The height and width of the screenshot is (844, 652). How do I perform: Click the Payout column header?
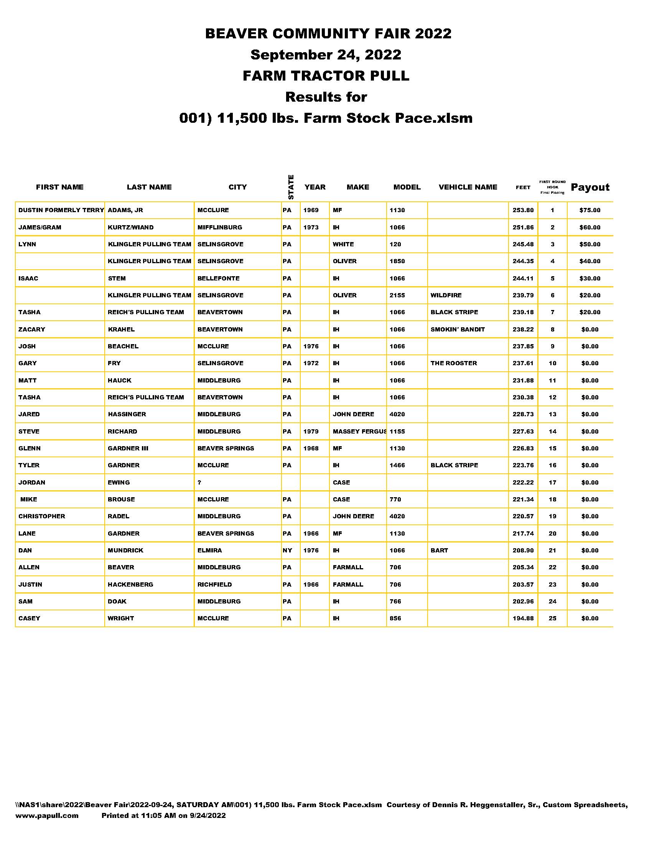(x=590, y=187)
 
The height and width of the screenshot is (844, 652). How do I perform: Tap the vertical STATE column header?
(x=291, y=187)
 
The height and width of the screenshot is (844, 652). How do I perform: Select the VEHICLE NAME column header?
(x=468, y=187)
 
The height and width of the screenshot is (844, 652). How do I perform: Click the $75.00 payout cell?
(x=590, y=210)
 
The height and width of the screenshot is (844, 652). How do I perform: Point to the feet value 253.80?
(x=523, y=210)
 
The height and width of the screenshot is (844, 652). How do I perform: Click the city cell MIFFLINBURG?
(x=220, y=227)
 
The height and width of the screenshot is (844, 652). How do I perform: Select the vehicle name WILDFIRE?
(x=446, y=295)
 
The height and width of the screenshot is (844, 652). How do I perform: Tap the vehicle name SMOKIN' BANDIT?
(x=458, y=329)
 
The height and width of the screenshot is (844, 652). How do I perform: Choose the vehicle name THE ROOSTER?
(x=454, y=363)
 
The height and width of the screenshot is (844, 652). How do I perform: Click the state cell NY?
(x=287, y=550)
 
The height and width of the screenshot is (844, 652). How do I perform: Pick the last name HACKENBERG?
(x=130, y=584)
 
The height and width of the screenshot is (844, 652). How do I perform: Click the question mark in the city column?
(x=199, y=482)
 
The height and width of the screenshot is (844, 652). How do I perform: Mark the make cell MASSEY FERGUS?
(x=359, y=431)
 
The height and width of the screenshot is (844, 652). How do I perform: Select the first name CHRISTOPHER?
(x=42, y=516)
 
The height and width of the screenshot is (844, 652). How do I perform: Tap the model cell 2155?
(x=397, y=295)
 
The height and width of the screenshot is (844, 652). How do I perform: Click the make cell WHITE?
(x=343, y=244)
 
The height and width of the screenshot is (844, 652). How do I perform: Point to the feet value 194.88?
(x=523, y=618)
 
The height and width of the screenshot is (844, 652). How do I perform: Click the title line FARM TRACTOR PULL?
(x=326, y=76)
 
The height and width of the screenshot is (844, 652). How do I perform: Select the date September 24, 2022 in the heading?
(x=326, y=54)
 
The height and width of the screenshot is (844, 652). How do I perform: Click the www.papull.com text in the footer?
(x=47, y=815)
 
